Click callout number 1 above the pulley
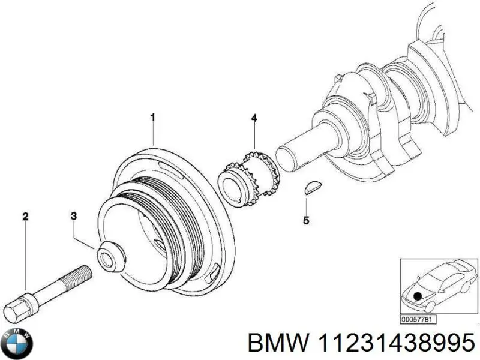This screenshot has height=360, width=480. [x=152, y=117]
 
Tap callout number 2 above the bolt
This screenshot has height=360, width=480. [x=25, y=216]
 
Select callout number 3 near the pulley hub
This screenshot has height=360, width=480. [x=73, y=215]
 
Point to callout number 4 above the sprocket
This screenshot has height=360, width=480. [x=254, y=118]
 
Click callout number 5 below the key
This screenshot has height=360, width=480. [x=306, y=221]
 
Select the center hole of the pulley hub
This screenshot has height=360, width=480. [x=109, y=260]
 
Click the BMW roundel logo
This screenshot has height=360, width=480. [x=18, y=344]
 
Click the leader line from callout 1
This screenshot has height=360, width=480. [x=153, y=132]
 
